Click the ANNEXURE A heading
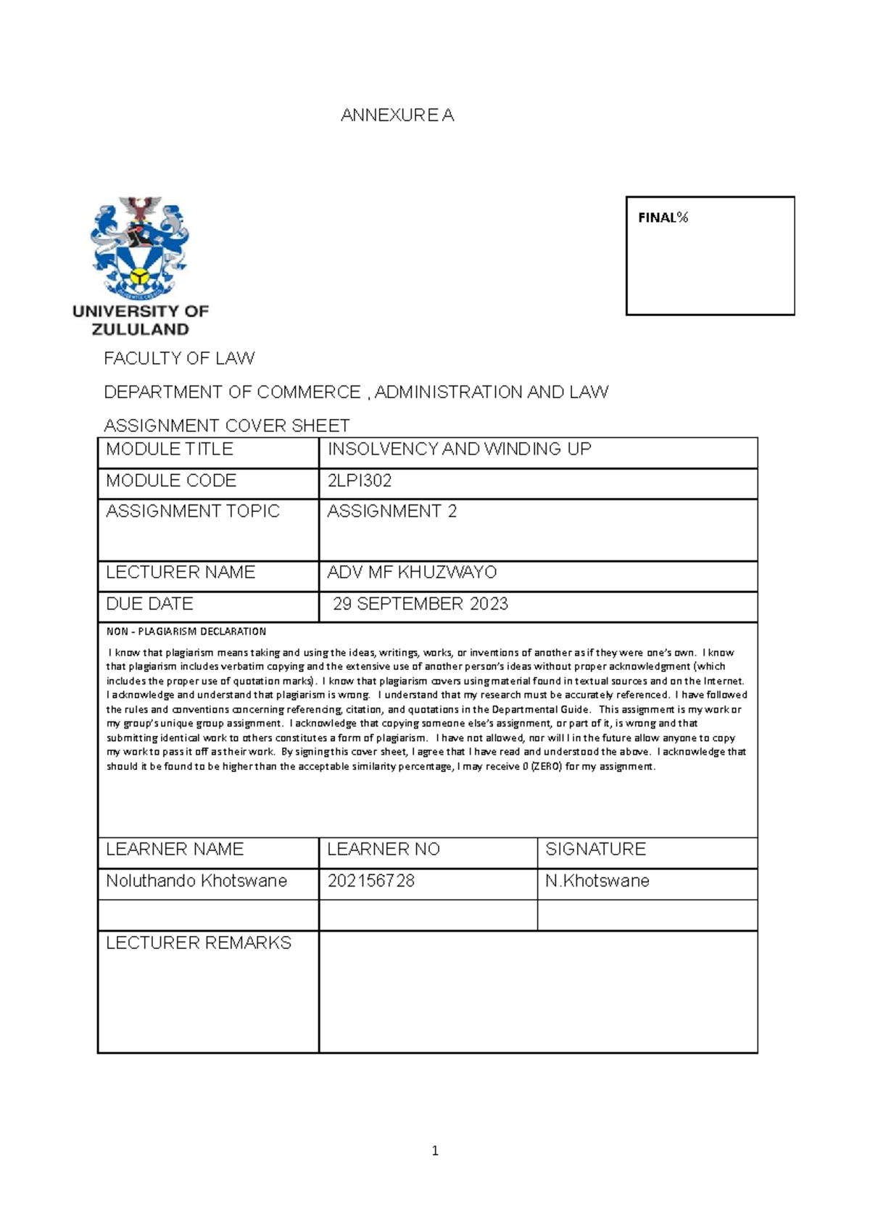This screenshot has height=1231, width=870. pyautogui.click(x=397, y=115)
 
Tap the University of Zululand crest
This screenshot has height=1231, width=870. pyautogui.click(x=140, y=247)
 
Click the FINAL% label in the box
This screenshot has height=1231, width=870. pyautogui.click(x=663, y=217)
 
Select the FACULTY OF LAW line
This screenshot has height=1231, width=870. pyautogui.click(x=179, y=358)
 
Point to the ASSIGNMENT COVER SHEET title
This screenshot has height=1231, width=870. pyautogui.click(x=226, y=425)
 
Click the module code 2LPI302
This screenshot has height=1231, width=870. pyautogui.click(x=360, y=481)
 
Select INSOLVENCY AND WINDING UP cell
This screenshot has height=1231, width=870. pyautogui.click(x=459, y=449)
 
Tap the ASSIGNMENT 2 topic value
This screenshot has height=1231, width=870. pyautogui.click(x=391, y=511)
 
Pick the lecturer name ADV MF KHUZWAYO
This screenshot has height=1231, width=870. pyautogui.click(x=412, y=573)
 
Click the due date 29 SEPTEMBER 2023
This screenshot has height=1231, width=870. pyautogui.click(x=420, y=604)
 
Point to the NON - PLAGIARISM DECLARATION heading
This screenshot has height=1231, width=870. pyautogui.click(x=186, y=631)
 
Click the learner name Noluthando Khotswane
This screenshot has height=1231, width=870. pyautogui.click(x=196, y=881)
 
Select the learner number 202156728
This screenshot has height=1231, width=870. pyautogui.click(x=370, y=881)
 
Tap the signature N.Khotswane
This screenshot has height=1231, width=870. pyautogui.click(x=597, y=881)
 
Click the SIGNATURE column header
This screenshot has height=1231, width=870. pyautogui.click(x=595, y=849)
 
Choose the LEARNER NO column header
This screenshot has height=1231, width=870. pyautogui.click(x=384, y=849)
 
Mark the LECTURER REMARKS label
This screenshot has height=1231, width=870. pyautogui.click(x=199, y=942)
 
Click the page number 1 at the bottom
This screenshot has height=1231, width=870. pyautogui.click(x=435, y=1151)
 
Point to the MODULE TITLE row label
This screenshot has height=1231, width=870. pyautogui.click(x=169, y=449)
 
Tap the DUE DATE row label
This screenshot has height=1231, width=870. pyautogui.click(x=149, y=604)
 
